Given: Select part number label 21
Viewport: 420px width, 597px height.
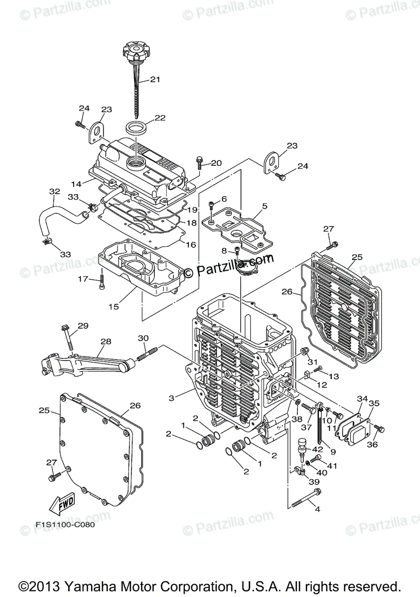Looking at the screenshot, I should [155, 79].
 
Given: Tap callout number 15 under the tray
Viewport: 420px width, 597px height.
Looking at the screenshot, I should [114, 306].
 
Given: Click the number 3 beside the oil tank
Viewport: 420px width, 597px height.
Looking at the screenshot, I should [171, 398].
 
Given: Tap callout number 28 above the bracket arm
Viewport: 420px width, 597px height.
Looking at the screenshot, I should [106, 342].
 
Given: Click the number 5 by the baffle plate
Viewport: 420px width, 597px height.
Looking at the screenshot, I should [265, 205].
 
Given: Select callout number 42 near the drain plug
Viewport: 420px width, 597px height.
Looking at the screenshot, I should [317, 450].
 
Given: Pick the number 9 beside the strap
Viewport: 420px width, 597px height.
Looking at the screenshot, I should [333, 452].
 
